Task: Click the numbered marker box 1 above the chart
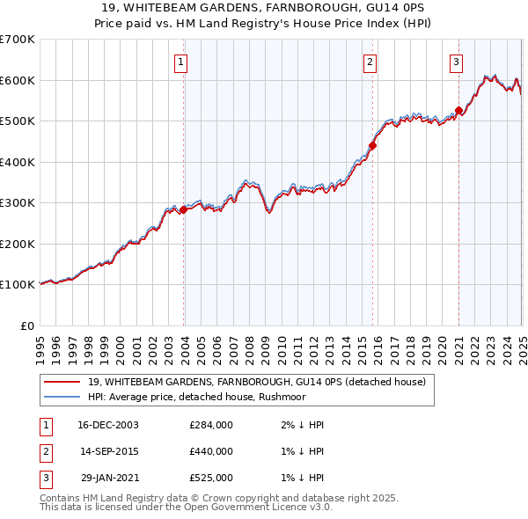(x=180, y=62)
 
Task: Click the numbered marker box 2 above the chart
(x=370, y=62)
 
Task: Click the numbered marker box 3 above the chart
(x=457, y=62)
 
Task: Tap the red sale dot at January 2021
(x=458, y=111)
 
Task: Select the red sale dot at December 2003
(x=184, y=209)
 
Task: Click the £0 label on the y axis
(x=26, y=325)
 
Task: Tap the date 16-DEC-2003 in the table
(x=108, y=425)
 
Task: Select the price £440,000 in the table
(x=211, y=451)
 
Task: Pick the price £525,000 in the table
(x=211, y=478)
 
